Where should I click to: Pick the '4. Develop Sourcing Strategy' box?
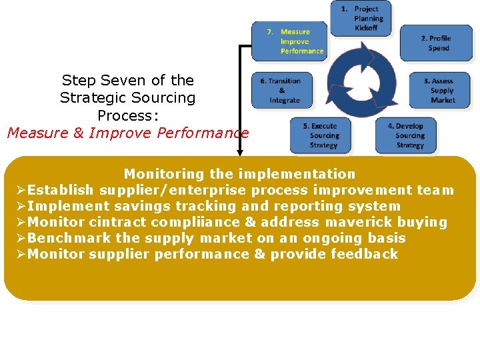pos(409,135)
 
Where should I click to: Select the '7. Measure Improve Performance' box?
pos(290,41)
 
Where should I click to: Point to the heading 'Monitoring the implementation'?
pos(239,174)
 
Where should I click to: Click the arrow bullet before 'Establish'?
pos(21,191)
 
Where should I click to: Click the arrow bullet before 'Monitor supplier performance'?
pos(21,255)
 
